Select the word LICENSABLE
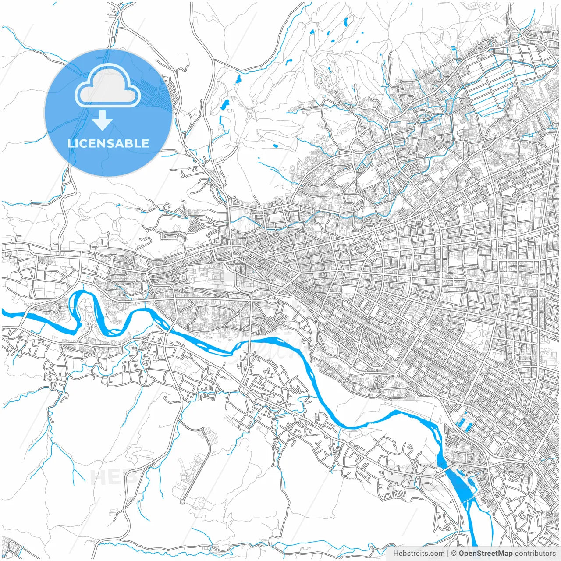click(108, 143)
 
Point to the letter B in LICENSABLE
click(130, 143)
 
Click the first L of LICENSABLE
click(71, 143)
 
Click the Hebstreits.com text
click(419, 554)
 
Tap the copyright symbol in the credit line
click(454, 554)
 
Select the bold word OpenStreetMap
click(486, 554)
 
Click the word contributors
click(535, 554)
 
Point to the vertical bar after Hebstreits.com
click(448, 554)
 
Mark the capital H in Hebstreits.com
click(396, 554)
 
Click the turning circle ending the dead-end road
click(182, 502)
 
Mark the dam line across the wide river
click(467, 501)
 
